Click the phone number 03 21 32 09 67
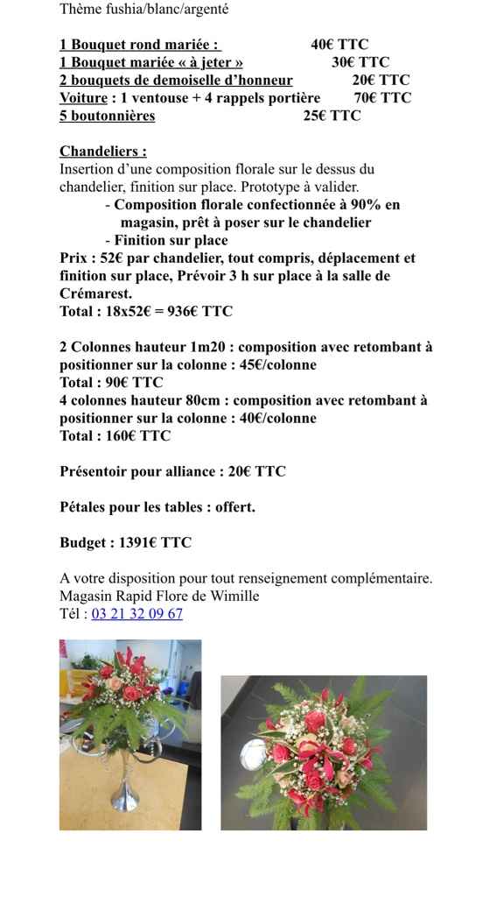point(136,614)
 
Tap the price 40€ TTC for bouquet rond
point(339,45)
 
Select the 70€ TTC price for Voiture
point(382,98)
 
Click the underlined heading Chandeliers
point(102,152)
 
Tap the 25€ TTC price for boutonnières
point(332,116)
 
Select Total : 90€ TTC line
point(111,383)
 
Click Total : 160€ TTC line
point(115,436)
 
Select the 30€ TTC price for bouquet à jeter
point(360,62)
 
